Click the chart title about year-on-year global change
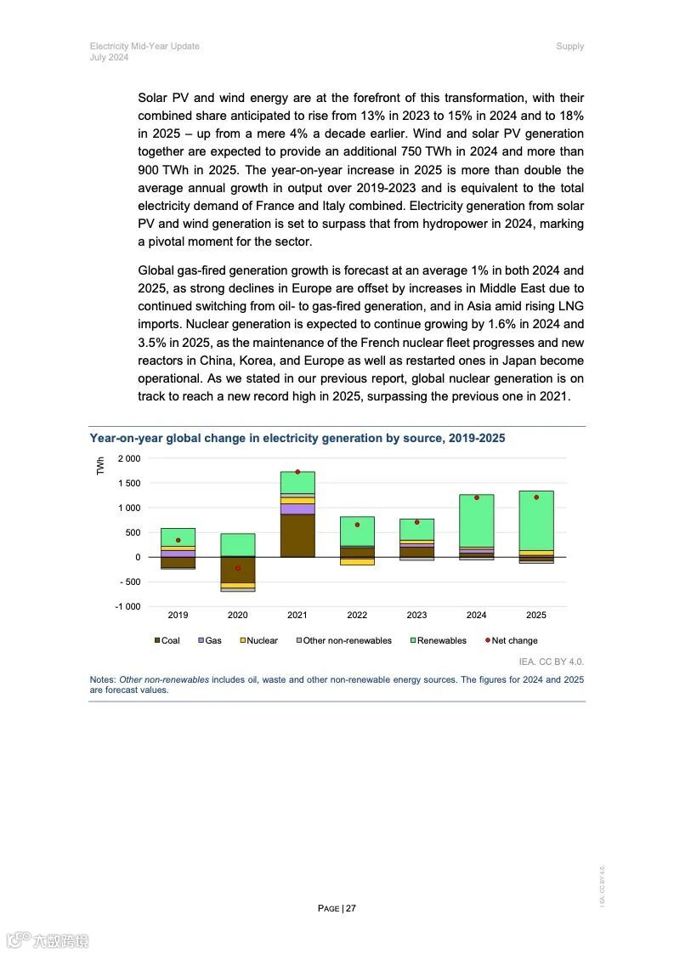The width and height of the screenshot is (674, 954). [x=297, y=439]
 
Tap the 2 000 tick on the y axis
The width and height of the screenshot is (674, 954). [x=129, y=459]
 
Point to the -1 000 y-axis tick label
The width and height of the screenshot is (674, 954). [x=128, y=606]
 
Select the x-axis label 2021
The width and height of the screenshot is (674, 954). [x=297, y=615]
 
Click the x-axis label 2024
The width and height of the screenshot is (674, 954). [x=476, y=615]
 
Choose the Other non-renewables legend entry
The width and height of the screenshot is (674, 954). [x=343, y=640]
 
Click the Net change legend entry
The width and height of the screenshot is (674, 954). [x=511, y=640]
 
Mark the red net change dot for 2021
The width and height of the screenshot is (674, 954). [x=297, y=472]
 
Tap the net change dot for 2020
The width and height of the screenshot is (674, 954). [x=238, y=568]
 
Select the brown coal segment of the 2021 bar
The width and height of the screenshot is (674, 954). [x=297, y=536]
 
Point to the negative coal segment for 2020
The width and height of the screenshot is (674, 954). [x=238, y=570]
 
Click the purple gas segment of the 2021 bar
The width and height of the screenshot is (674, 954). [x=297, y=508]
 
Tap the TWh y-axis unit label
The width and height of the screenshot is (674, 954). [x=100, y=466]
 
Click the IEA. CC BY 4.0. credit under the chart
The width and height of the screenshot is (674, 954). [x=551, y=662]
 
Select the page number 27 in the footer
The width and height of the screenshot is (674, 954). [x=350, y=908]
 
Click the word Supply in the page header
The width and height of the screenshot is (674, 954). [x=569, y=46]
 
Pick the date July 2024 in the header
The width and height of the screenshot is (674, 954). [x=109, y=57]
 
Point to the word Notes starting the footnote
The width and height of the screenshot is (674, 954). [x=102, y=680]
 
